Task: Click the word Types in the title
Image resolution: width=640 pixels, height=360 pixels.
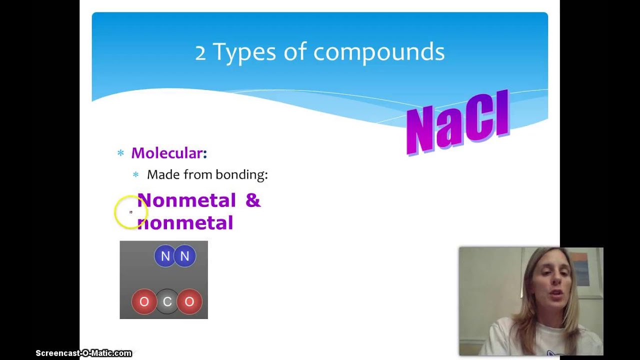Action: (244, 52)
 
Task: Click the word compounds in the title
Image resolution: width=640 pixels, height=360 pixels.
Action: (378, 52)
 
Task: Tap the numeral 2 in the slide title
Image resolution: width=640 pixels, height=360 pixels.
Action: (200, 52)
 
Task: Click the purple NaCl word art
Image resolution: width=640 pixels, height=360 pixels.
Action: (457, 122)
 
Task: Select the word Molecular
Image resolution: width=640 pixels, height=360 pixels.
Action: (168, 153)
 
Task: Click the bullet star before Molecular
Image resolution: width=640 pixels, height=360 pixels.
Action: (120, 153)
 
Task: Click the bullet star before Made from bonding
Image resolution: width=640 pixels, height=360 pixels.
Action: (135, 174)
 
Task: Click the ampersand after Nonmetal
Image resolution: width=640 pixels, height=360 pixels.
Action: (253, 200)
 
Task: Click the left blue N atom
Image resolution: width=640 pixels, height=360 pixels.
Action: (165, 256)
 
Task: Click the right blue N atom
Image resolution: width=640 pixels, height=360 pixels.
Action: (185, 256)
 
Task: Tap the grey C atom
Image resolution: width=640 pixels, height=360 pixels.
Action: (167, 301)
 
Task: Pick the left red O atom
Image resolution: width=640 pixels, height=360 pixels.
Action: (144, 301)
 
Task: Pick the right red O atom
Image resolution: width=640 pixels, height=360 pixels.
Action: (189, 301)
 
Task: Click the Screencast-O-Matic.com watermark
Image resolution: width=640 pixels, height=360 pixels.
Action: (83, 353)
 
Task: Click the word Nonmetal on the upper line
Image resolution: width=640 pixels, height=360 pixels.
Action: (186, 200)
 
